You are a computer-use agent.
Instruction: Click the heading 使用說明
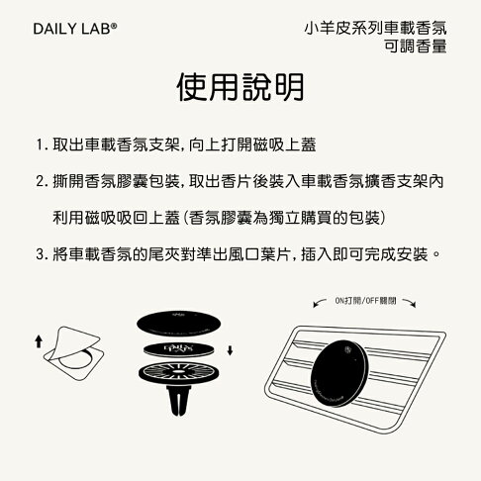[240, 87]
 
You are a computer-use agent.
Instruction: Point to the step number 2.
[39, 182]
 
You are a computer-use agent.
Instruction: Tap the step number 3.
[39, 254]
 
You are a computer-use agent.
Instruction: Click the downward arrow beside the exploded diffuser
[230, 348]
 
